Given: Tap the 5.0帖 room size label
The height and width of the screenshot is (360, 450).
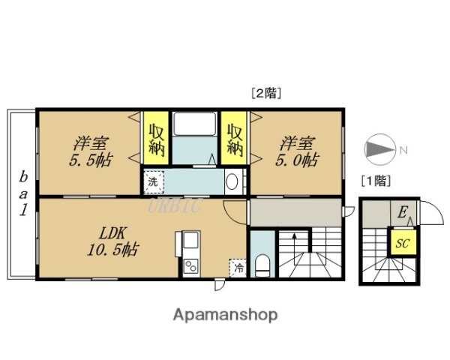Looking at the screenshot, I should [298, 160].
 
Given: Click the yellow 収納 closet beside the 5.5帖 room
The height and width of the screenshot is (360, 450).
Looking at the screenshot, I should [154, 138].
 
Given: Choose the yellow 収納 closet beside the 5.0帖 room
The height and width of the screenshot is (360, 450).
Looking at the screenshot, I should [235, 138].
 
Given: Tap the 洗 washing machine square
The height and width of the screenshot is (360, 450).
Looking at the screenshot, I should [152, 181].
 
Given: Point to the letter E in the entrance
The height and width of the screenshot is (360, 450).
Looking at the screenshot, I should [402, 213].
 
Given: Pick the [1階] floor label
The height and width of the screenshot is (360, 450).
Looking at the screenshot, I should [376, 180].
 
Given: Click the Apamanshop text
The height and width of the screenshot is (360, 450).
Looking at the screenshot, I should [226, 314].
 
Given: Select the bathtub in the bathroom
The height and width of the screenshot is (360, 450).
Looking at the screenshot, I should [194, 123].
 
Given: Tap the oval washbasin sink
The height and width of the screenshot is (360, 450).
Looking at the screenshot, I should [232, 181].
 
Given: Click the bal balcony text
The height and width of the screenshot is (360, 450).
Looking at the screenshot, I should [23, 193].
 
